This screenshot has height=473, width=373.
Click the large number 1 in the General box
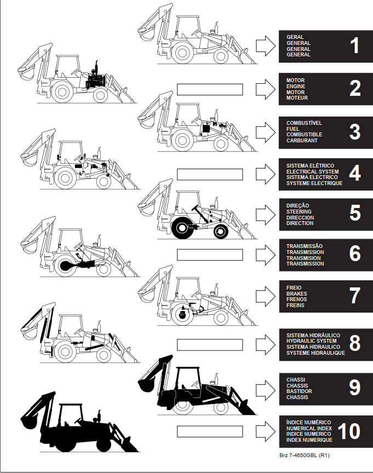tap(355, 46)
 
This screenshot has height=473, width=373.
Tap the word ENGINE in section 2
tap(296, 86)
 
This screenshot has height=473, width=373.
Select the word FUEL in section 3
tap(292, 129)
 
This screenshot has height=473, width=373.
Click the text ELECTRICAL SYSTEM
tap(312, 171)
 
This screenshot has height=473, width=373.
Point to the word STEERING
tap(299, 211)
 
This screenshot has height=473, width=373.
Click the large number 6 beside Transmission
tap(355, 253)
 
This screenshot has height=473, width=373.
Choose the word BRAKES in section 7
tap(296, 293)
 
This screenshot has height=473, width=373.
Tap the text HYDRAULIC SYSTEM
tap(312, 341)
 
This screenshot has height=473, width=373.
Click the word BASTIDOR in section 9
tap(299, 391)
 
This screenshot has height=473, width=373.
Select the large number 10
tap(349, 431)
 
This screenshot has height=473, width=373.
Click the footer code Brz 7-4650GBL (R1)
tap(304, 455)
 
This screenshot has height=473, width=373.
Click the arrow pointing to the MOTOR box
tap(266, 89)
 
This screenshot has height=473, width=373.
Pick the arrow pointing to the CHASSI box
tap(266, 390)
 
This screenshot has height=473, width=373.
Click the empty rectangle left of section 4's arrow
tap(210, 174)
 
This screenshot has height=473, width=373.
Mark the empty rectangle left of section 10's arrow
tap(210, 431)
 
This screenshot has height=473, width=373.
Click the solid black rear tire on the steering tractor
tap(182, 228)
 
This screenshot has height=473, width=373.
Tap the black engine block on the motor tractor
tap(95, 80)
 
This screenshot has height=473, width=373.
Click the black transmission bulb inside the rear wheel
tap(65, 266)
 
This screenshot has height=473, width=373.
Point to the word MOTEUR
tap(297, 98)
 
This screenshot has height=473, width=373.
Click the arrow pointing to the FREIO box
tap(266, 296)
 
